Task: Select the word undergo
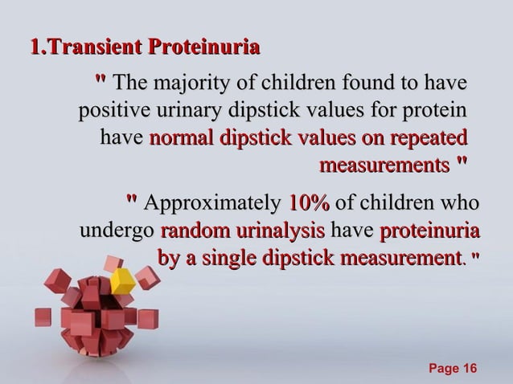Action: coord(117,232)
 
